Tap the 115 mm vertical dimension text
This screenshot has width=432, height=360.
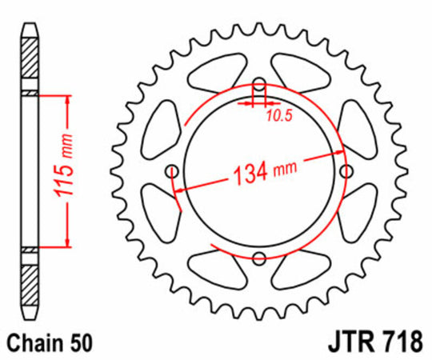point(59,171)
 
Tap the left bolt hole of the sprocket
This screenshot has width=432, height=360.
point(170,171)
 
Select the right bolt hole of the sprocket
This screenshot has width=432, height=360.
point(346,171)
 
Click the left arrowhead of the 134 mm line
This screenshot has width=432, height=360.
point(178,189)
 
